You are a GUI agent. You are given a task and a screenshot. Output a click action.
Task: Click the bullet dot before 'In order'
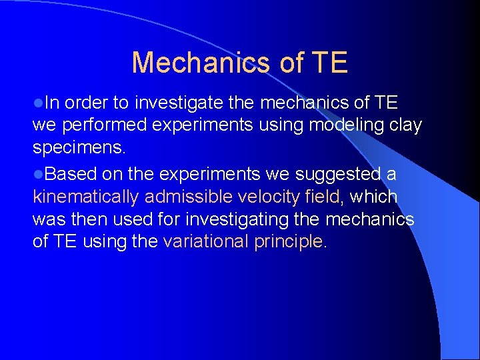coord(38,103)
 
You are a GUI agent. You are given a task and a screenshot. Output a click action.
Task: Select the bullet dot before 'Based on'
coord(38,175)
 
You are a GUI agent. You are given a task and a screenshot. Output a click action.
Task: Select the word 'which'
coord(373,197)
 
